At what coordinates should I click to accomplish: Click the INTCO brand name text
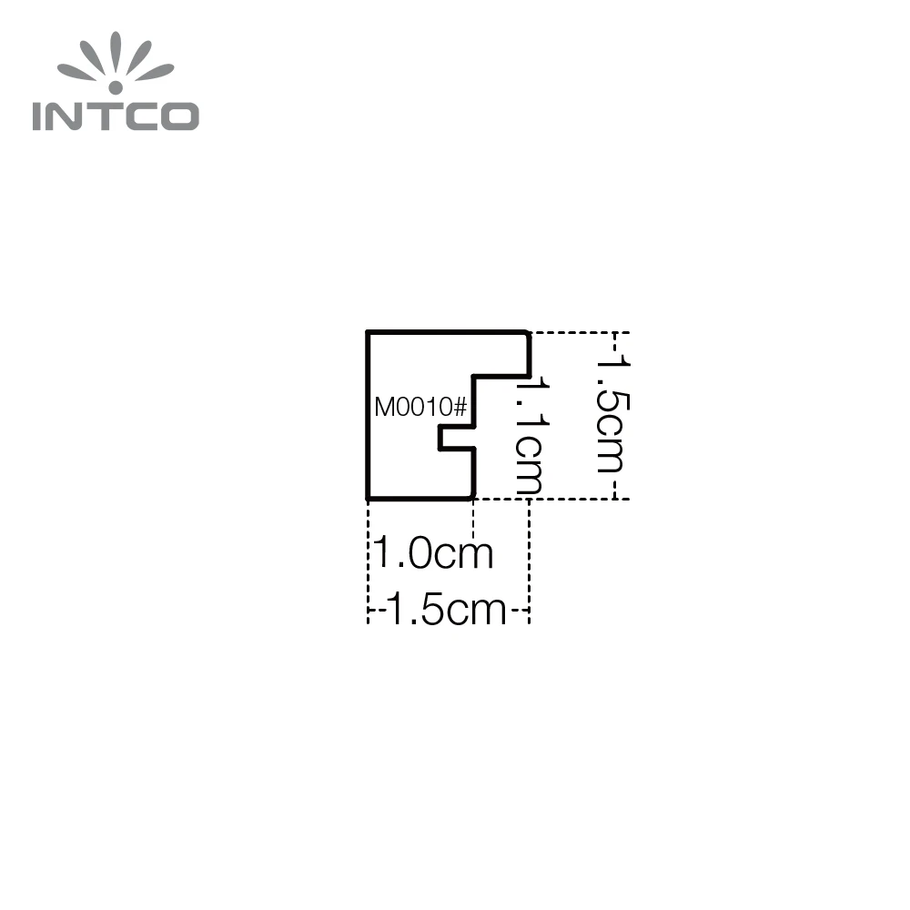coord(116,116)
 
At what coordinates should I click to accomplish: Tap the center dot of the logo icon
coord(116,88)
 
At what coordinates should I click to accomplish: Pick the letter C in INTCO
coord(146,116)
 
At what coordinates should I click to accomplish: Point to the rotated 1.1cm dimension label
coord(529,437)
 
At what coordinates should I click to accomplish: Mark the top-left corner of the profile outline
coord(369,333)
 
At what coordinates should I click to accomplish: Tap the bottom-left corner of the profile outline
coord(369,498)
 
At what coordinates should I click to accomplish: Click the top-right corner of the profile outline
coord(529,333)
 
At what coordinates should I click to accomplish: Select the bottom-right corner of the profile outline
coord(472,498)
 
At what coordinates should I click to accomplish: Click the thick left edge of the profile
coord(369,415)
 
